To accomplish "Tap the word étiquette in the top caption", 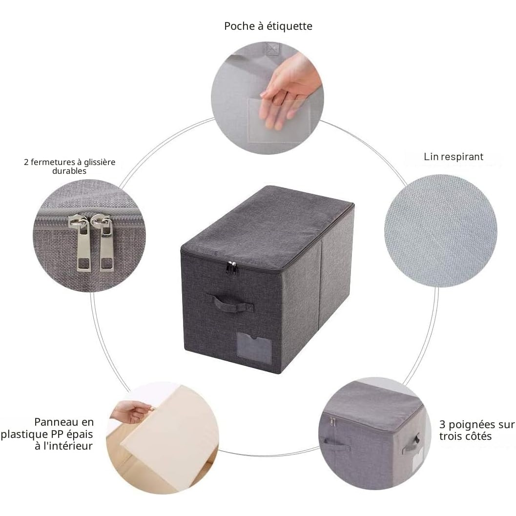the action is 289,26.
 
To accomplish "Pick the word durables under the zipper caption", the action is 69,171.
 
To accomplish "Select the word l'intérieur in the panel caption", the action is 64,446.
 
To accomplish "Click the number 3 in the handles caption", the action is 442,425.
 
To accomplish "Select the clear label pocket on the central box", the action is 254,348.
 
